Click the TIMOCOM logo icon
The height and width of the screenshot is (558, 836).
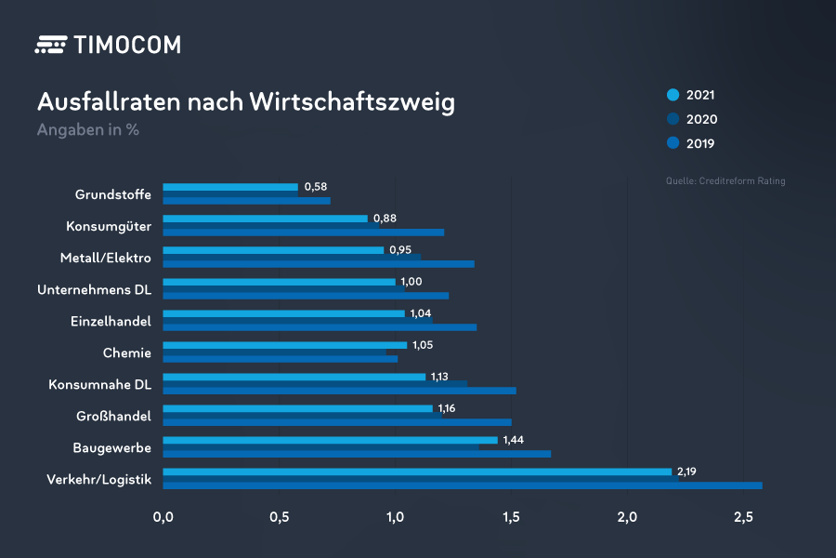(x=50, y=45)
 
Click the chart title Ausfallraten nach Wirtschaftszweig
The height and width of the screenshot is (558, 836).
(x=245, y=101)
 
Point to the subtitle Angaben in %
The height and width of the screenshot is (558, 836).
(x=87, y=130)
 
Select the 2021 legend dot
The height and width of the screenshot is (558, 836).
(x=673, y=95)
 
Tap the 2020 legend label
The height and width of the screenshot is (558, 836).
(x=701, y=119)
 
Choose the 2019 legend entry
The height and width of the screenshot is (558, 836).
(x=692, y=143)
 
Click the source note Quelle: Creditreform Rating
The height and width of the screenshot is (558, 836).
(x=725, y=180)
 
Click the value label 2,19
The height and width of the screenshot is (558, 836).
(x=687, y=472)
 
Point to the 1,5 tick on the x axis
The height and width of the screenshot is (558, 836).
(x=511, y=516)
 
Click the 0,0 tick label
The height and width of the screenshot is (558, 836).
(x=163, y=516)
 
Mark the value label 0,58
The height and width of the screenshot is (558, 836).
(x=315, y=187)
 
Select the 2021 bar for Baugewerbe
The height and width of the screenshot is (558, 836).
(x=330, y=440)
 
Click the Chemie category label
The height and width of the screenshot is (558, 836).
(x=126, y=352)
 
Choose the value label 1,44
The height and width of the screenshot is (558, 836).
(x=515, y=440)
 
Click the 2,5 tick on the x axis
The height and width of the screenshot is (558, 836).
(x=743, y=516)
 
